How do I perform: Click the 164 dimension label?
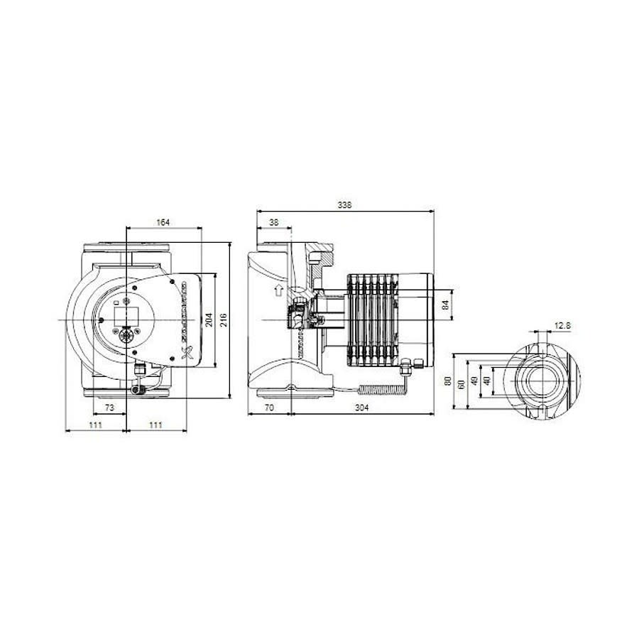[163, 223]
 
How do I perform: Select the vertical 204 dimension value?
[208, 319]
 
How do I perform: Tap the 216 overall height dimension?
[224, 319]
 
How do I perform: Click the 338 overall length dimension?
[344, 205]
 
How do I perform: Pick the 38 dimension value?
[273, 223]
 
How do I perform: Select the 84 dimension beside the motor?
[445, 305]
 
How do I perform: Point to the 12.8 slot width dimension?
[562, 326]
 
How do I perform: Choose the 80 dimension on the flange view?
[447, 381]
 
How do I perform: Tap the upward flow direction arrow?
[278, 290]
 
